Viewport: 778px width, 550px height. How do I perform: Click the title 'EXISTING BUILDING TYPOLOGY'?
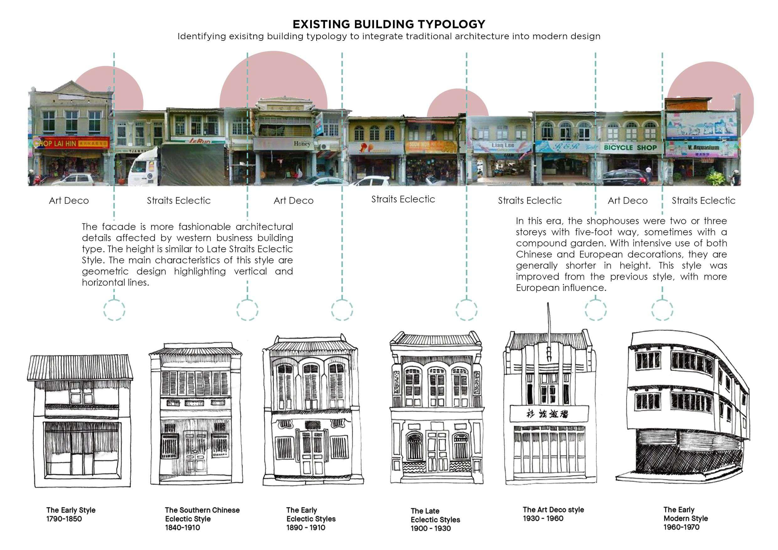pyautogui.click(x=389, y=24)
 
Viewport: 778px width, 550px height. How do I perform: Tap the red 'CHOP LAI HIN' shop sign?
pyautogui.click(x=72, y=143)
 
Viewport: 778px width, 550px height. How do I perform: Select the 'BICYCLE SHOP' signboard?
pyautogui.click(x=630, y=148)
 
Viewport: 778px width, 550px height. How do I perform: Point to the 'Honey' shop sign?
pyautogui.click(x=301, y=144)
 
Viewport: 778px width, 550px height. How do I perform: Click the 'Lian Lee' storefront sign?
pyautogui.click(x=503, y=145)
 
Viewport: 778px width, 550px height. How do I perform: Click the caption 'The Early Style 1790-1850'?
pyautogui.click(x=71, y=514)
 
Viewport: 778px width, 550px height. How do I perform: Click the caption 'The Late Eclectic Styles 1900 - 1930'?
pyautogui.click(x=435, y=519)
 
